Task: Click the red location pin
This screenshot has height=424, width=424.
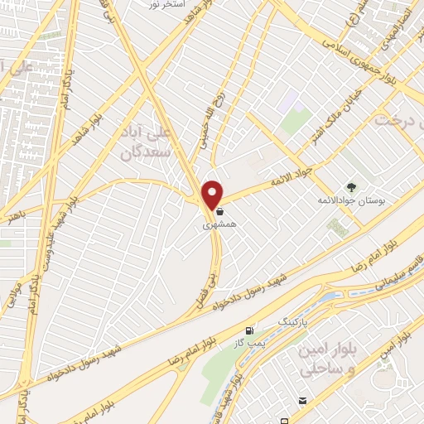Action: coord(213,194)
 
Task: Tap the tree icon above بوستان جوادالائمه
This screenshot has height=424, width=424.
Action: coord(349,187)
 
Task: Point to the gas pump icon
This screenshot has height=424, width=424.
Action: coord(249,331)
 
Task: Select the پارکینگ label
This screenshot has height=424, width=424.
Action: coord(291,319)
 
